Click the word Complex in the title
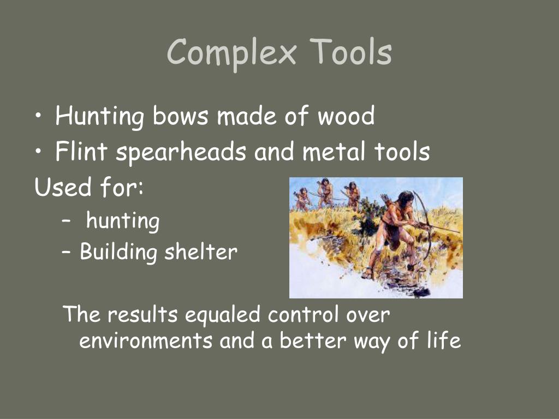tap(232, 53)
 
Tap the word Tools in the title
tap(352, 52)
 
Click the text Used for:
tap(89, 187)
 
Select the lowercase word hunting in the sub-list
tap(123, 222)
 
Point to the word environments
tap(146, 341)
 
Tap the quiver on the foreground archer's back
tap(389, 208)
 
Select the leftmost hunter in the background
tap(302, 199)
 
